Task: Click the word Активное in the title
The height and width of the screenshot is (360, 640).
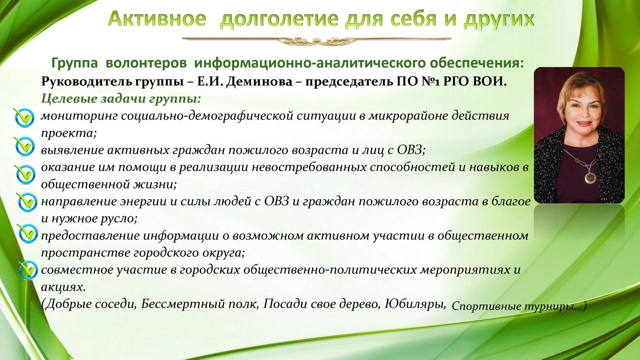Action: [157, 19]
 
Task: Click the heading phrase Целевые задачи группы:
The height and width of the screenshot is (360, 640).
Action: [121, 99]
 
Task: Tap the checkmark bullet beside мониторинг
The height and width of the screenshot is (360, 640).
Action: [24, 117]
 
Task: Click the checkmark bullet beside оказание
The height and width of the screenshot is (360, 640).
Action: [25, 173]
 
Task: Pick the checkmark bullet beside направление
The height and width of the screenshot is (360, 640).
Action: [26, 201]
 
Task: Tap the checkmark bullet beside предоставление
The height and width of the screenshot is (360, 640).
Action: [27, 233]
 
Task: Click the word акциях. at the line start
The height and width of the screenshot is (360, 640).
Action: [63, 287]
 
